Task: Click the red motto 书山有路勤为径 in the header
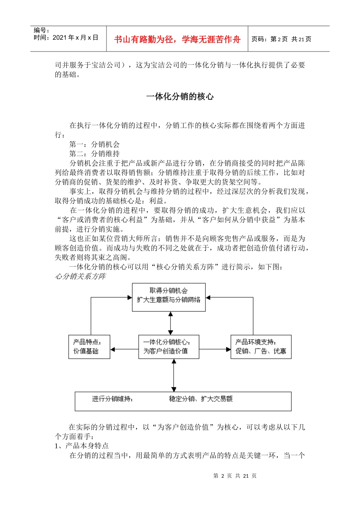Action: coord(177,39)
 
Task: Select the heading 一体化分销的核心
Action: coord(180,97)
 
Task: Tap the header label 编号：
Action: coord(42,30)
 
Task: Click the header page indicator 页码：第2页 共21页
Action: coord(282,39)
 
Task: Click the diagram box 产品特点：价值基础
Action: coord(89,347)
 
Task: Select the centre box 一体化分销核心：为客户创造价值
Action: coord(169,347)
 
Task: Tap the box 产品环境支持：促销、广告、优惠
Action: coord(261,347)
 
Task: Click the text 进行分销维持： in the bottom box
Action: coord(113,399)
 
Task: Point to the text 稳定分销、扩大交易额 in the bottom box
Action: coord(201,399)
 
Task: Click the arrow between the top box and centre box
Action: coord(171,323)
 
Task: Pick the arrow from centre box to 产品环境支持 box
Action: coord(215,349)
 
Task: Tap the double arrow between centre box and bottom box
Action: coord(174,375)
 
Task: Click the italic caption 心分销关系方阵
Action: coord(80,276)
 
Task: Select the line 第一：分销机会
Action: coord(94,144)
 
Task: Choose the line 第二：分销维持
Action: coord(94,154)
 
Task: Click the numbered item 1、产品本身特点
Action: coord(82,446)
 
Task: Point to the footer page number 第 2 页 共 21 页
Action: coord(235,476)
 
